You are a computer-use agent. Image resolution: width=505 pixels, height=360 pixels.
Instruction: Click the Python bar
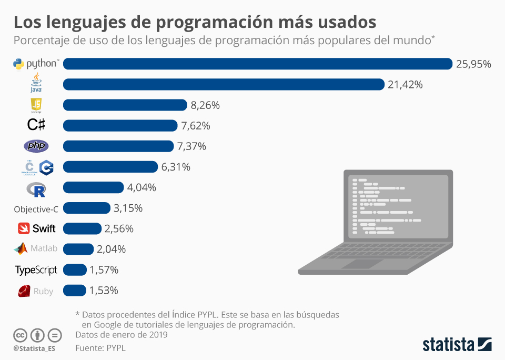click(x=258, y=64)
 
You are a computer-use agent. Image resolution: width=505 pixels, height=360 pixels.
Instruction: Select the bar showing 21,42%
click(x=224, y=84)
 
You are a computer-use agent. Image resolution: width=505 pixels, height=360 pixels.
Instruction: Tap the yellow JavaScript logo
click(x=36, y=105)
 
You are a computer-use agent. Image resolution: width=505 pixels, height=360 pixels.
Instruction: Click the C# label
click(x=36, y=125)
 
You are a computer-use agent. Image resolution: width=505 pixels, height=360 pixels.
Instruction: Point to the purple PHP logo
click(x=36, y=146)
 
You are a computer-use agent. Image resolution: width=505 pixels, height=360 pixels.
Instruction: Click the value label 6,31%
click(x=176, y=167)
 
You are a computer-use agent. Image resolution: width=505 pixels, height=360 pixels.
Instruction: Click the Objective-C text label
click(x=36, y=208)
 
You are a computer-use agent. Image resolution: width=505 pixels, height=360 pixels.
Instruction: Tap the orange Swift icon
click(x=24, y=228)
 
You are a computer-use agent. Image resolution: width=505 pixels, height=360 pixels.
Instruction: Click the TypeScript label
click(x=36, y=270)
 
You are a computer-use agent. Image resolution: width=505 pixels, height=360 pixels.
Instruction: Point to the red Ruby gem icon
click(x=24, y=291)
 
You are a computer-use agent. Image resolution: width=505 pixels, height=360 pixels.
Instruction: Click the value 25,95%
click(x=473, y=64)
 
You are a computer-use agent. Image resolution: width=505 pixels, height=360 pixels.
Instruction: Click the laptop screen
click(x=398, y=208)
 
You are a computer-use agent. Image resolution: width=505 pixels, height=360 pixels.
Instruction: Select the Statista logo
click(x=457, y=345)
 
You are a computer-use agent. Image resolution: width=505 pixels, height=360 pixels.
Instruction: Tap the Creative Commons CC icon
click(x=21, y=335)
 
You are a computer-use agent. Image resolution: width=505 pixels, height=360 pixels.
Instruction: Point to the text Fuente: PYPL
click(x=100, y=347)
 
